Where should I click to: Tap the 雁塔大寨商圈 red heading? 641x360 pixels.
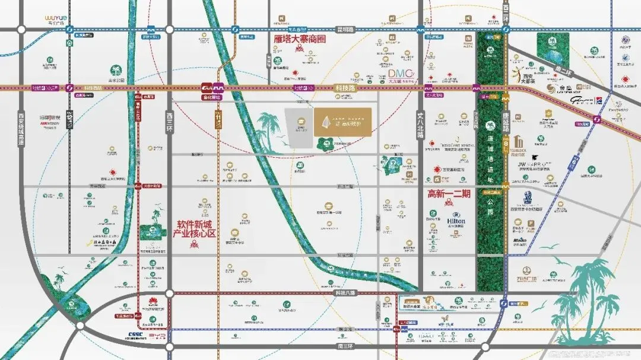tap(300, 39)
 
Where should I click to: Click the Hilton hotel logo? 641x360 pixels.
tap(456, 219)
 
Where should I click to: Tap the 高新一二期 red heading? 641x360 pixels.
tap(449, 193)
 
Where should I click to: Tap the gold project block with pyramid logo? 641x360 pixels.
tap(342, 121)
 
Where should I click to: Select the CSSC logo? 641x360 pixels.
tap(137, 335)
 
